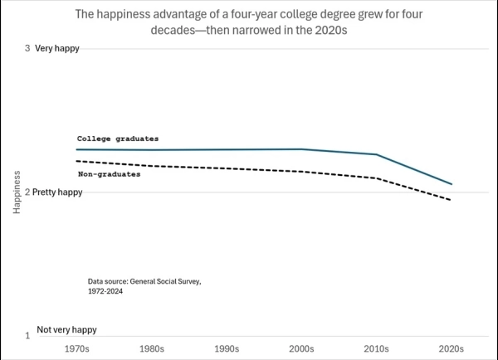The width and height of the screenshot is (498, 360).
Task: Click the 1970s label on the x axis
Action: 77,349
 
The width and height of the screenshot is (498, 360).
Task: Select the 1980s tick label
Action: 152,349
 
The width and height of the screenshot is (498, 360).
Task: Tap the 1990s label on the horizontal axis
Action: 227,349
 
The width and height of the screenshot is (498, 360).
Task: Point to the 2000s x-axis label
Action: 301,349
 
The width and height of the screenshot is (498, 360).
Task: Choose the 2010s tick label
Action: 376,349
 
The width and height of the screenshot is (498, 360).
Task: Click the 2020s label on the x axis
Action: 452,349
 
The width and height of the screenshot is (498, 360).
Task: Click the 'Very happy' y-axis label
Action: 57,49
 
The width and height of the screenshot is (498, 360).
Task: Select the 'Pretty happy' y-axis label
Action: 57,192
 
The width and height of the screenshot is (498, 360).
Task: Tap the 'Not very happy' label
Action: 66,330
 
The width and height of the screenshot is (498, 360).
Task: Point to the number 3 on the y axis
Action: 27,48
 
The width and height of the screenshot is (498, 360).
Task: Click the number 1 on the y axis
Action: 27,336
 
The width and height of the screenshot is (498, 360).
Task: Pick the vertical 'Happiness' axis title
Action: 17,192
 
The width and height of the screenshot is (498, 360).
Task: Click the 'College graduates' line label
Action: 118,139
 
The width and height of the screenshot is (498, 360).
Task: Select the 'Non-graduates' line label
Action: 110,174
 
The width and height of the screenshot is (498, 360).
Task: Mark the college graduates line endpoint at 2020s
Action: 452,184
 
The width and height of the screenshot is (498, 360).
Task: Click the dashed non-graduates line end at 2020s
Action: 451,200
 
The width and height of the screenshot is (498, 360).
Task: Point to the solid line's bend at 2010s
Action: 377,154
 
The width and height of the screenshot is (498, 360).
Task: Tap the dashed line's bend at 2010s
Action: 377,178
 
